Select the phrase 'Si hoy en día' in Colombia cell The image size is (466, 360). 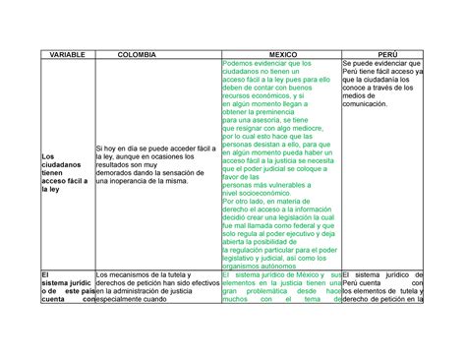pyautogui.click(x=117, y=147)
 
